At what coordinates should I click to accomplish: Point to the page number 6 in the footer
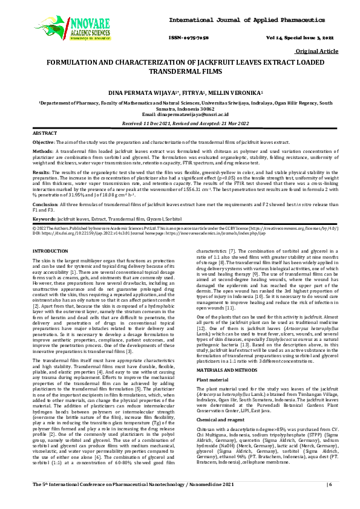point(329,502)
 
